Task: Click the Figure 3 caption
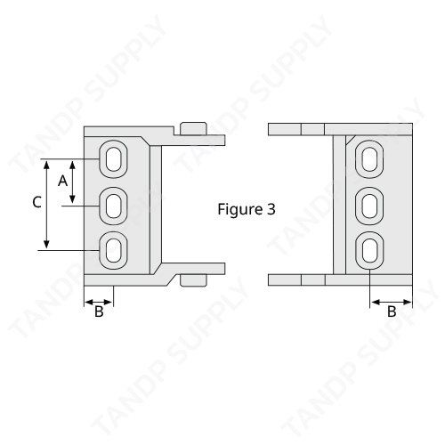point(247,209)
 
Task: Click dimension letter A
point(62,181)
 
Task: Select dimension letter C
point(36,202)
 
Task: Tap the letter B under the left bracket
point(99,311)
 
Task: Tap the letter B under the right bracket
point(392,311)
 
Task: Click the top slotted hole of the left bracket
point(113,159)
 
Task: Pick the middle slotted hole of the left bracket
point(113,206)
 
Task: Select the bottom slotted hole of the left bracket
point(113,251)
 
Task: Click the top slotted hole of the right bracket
point(369,159)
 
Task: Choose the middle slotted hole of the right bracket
point(369,206)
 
